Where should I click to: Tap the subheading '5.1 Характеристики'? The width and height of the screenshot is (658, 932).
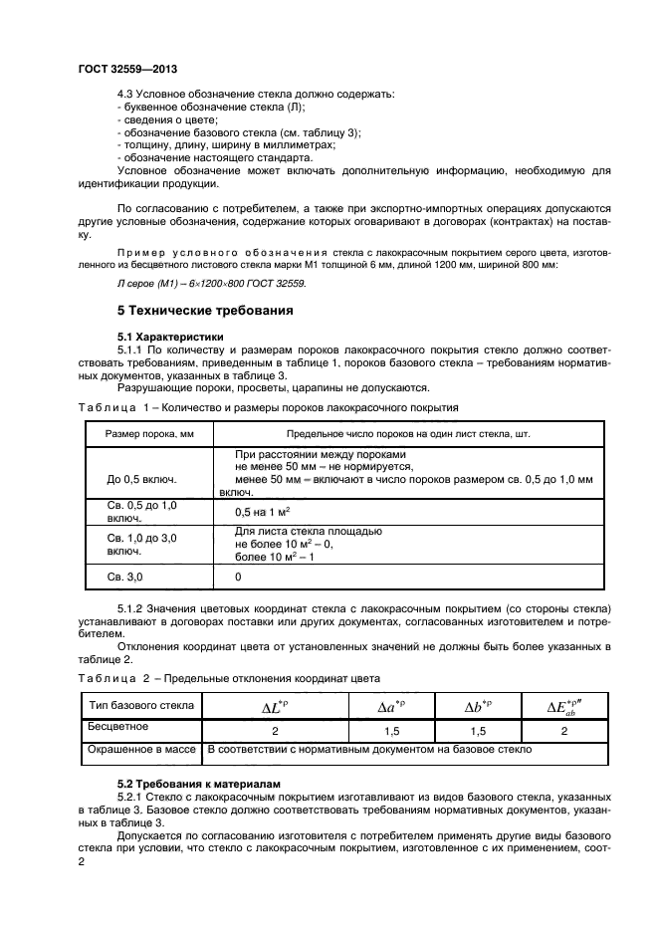(x=172, y=338)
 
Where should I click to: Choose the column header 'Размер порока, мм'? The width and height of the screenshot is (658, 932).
(x=141, y=434)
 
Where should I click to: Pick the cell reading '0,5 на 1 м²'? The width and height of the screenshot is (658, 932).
(x=262, y=512)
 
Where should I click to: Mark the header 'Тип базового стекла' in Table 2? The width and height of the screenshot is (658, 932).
(x=140, y=706)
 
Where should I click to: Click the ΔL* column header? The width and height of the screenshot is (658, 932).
(x=274, y=707)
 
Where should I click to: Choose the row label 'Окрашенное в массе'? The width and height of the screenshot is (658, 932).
(x=140, y=749)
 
